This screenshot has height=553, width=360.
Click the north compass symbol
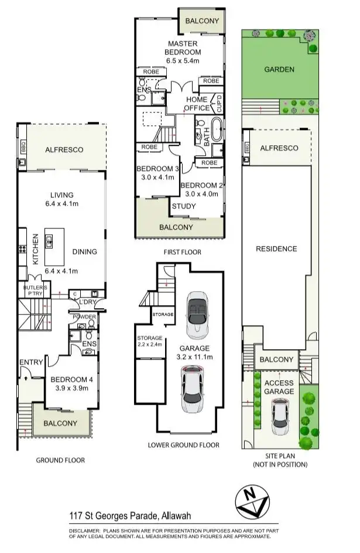252,501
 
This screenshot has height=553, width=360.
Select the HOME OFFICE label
197,104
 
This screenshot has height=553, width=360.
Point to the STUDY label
183,206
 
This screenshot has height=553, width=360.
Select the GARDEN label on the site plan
279,69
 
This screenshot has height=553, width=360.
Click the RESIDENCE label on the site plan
276,248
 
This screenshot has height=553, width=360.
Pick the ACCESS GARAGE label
279,387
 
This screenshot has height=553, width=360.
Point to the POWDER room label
84,317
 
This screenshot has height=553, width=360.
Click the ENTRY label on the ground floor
31,363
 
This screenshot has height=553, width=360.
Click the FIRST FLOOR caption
182,252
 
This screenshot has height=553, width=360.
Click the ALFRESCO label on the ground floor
64,150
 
